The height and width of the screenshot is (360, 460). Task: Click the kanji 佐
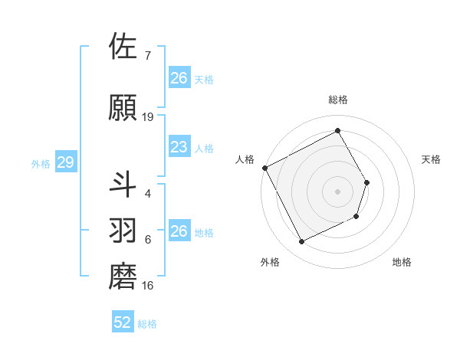[123, 47]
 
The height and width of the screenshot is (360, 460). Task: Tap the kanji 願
[123, 108]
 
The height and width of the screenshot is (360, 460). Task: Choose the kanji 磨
[123, 277]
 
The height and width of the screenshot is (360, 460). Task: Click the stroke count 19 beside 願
[148, 117]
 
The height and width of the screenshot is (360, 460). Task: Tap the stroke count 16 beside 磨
[148, 286]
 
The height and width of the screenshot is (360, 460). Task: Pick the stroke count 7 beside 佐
[147, 56]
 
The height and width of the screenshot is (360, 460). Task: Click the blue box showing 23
[179, 147]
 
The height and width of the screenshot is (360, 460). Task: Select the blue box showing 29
[65, 163]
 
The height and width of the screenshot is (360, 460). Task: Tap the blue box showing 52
[122, 322]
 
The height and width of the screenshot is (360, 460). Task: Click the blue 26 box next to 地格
[179, 231]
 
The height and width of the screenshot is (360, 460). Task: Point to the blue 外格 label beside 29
[40, 164]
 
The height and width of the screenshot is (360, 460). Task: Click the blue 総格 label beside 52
[147, 324]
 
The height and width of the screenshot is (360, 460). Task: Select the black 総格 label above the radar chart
[338, 100]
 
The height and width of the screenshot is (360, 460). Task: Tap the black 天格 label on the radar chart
[432, 159]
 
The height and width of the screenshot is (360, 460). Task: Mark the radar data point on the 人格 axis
[264, 168]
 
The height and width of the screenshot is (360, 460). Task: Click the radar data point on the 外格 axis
[301, 242]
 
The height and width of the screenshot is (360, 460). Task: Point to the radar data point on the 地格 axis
[357, 218]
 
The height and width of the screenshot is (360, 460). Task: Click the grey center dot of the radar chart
[338, 191]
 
